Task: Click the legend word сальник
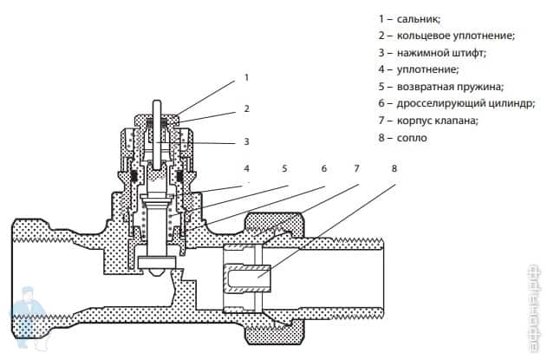click(419, 19)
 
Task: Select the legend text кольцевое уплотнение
click(455, 36)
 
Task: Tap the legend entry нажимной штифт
click(441, 53)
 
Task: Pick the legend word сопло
click(412, 138)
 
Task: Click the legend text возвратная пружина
click(450, 87)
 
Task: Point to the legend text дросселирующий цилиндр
click(466, 104)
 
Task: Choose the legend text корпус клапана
click(437, 121)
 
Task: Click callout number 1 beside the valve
click(247, 77)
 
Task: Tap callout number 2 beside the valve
click(247, 108)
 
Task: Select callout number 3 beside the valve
click(247, 141)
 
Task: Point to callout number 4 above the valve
click(247, 168)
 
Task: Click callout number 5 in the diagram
click(284, 168)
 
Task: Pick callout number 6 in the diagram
click(324, 168)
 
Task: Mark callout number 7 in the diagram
click(356, 168)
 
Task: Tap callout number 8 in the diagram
click(394, 168)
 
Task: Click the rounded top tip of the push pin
click(157, 102)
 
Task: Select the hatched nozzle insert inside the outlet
click(247, 278)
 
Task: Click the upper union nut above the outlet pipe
click(275, 226)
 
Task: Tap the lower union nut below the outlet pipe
click(275, 331)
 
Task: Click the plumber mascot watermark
click(27, 316)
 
